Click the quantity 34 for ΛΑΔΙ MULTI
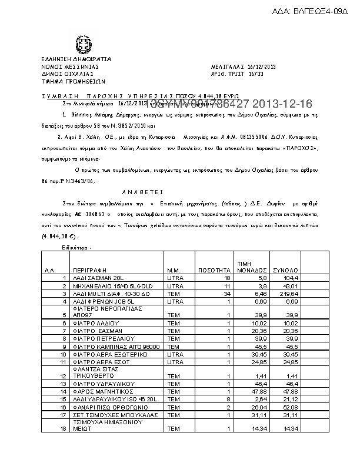click(225, 292)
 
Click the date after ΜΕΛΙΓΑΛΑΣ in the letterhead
click(261, 67)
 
